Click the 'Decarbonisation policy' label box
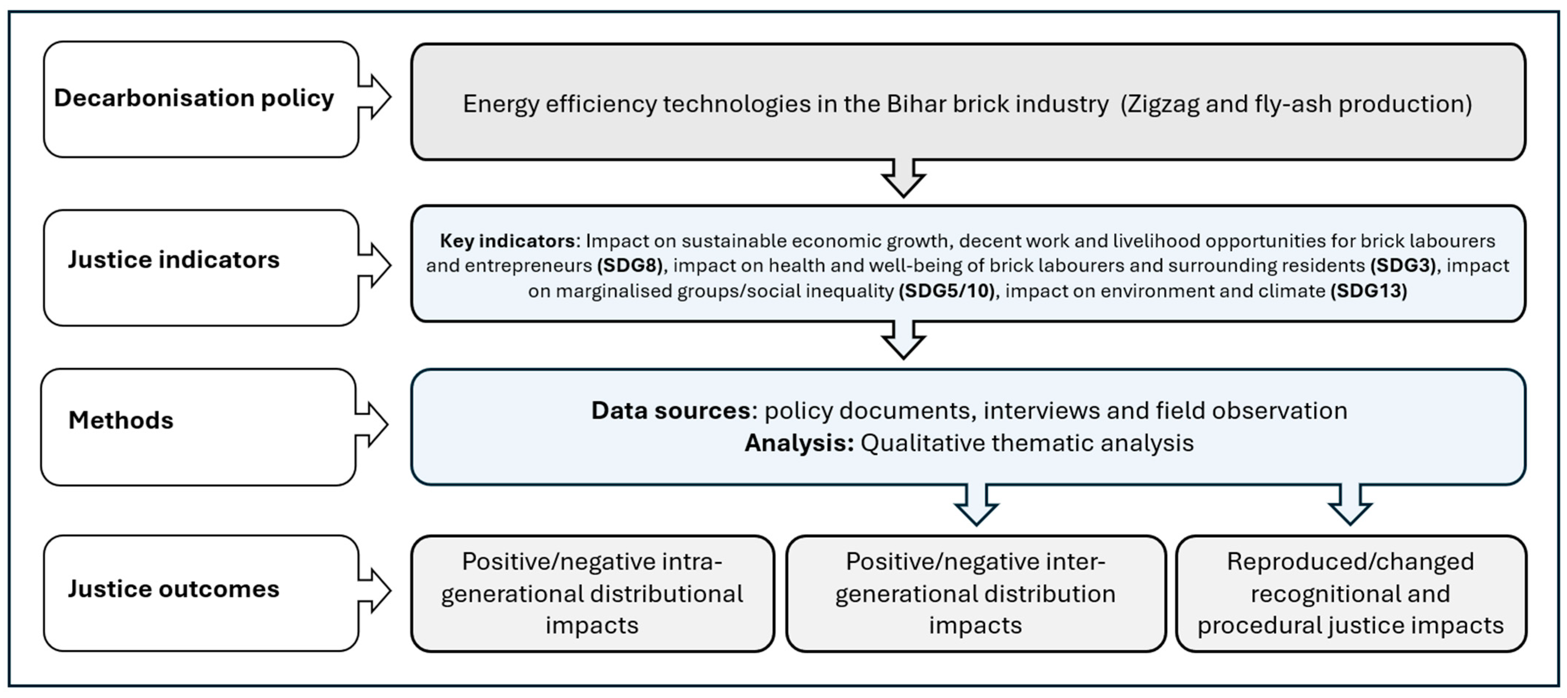201,99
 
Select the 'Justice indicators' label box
201,268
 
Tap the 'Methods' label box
198,427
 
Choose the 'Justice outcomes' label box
201,593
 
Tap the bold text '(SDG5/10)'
947,291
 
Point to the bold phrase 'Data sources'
671,411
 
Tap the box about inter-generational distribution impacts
976,593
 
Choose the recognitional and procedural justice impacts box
1351,593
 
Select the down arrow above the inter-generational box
976,504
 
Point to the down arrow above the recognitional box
1350,504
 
